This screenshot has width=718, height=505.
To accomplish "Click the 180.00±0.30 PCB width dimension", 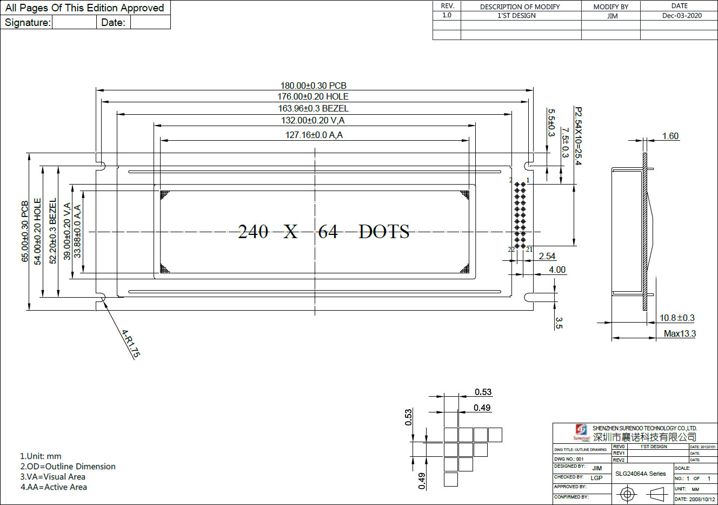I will (x=313, y=86).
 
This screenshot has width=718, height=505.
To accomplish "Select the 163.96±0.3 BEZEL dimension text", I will (x=313, y=108).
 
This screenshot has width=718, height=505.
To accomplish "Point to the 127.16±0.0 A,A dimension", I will (x=314, y=135).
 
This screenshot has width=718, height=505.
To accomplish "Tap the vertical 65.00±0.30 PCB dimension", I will (x=25, y=232).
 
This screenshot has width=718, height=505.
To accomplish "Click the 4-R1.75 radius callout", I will (x=130, y=344).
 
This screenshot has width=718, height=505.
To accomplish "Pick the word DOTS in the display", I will (x=384, y=232).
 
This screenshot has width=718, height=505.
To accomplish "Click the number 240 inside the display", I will (x=253, y=232).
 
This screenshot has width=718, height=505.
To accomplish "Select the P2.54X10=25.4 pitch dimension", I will (x=578, y=136).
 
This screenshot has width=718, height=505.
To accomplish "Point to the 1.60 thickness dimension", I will (x=670, y=136).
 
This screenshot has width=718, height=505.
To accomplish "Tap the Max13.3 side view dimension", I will (x=680, y=333).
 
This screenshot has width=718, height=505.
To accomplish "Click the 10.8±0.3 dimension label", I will (x=677, y=318).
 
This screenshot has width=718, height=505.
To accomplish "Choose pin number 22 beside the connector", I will (x=511, y=250).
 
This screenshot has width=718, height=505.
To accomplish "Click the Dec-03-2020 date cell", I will (x=682, y=16).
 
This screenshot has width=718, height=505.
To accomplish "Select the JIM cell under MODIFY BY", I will (x=612, y=16).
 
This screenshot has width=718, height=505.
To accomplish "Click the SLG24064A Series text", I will (x=640, y=474).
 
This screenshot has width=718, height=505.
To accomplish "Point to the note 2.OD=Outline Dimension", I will (x=68, y=467).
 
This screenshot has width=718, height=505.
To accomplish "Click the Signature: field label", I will (x=28, y=22).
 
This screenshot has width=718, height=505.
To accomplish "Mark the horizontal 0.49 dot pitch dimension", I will (x=482, y=408).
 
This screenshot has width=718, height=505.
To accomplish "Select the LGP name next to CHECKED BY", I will (x=596, y=478).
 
